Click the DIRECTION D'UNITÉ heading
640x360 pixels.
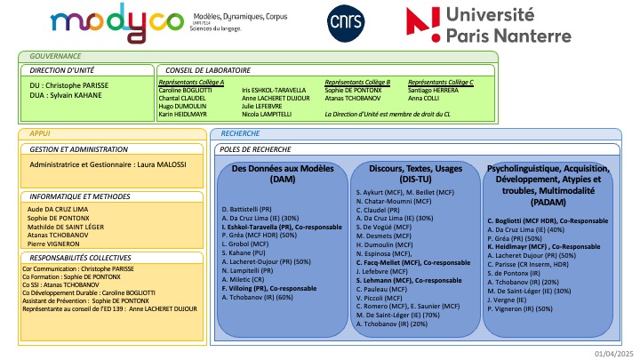point(62,68)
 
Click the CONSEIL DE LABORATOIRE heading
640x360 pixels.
point(204,68)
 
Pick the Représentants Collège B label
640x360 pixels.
point(358,82)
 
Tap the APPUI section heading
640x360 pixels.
point(41,132)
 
